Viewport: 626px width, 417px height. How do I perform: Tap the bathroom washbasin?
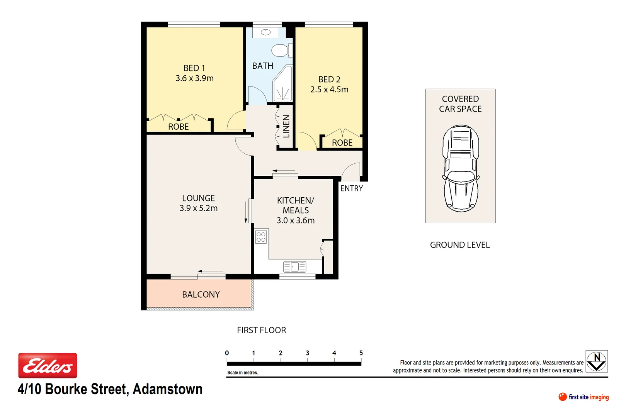tap(265, 32)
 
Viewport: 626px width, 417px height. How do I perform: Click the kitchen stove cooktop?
tap(261, 237)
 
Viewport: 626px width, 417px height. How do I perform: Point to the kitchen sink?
tap(294, 267)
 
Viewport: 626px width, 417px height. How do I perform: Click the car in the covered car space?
tap(461, 168)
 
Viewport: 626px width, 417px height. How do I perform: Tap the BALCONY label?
tap(201, 295)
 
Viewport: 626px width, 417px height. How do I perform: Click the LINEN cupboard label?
tap(286, 126)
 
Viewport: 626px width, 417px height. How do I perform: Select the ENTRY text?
tap(352, 188)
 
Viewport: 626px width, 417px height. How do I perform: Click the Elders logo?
tap(48, 365)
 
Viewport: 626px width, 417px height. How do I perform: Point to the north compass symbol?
tap(597, 361)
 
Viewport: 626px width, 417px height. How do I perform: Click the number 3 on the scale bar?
tap(307, 353)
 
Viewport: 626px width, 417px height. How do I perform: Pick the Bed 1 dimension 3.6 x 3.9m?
tap(194, 78)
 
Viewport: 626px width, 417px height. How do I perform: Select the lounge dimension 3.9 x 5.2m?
tap(198, 208)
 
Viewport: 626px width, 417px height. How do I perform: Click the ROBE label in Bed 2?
tap(342, 143)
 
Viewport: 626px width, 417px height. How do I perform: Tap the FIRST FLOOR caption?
tap(261, 330)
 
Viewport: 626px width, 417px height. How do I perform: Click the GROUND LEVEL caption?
tap(460, 245)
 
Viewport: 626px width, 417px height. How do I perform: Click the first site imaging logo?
tap(583, 397)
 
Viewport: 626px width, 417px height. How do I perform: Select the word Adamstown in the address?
tap(167, 389)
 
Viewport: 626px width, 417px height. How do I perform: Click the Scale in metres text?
tap(243, 373)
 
